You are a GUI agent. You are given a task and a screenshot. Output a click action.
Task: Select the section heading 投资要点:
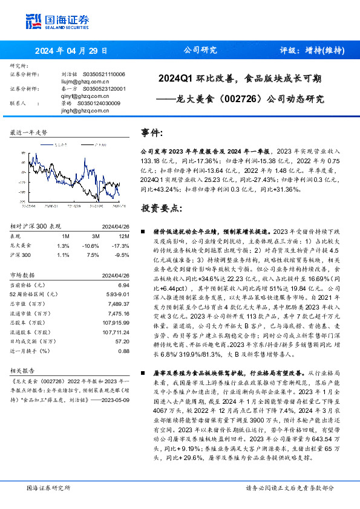point(161,209)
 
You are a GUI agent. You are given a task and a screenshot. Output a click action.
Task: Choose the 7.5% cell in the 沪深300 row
point(94,255)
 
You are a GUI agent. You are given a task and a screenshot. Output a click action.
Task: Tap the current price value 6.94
point(124,285)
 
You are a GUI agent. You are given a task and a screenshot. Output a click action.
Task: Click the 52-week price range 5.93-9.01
point(117,293)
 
